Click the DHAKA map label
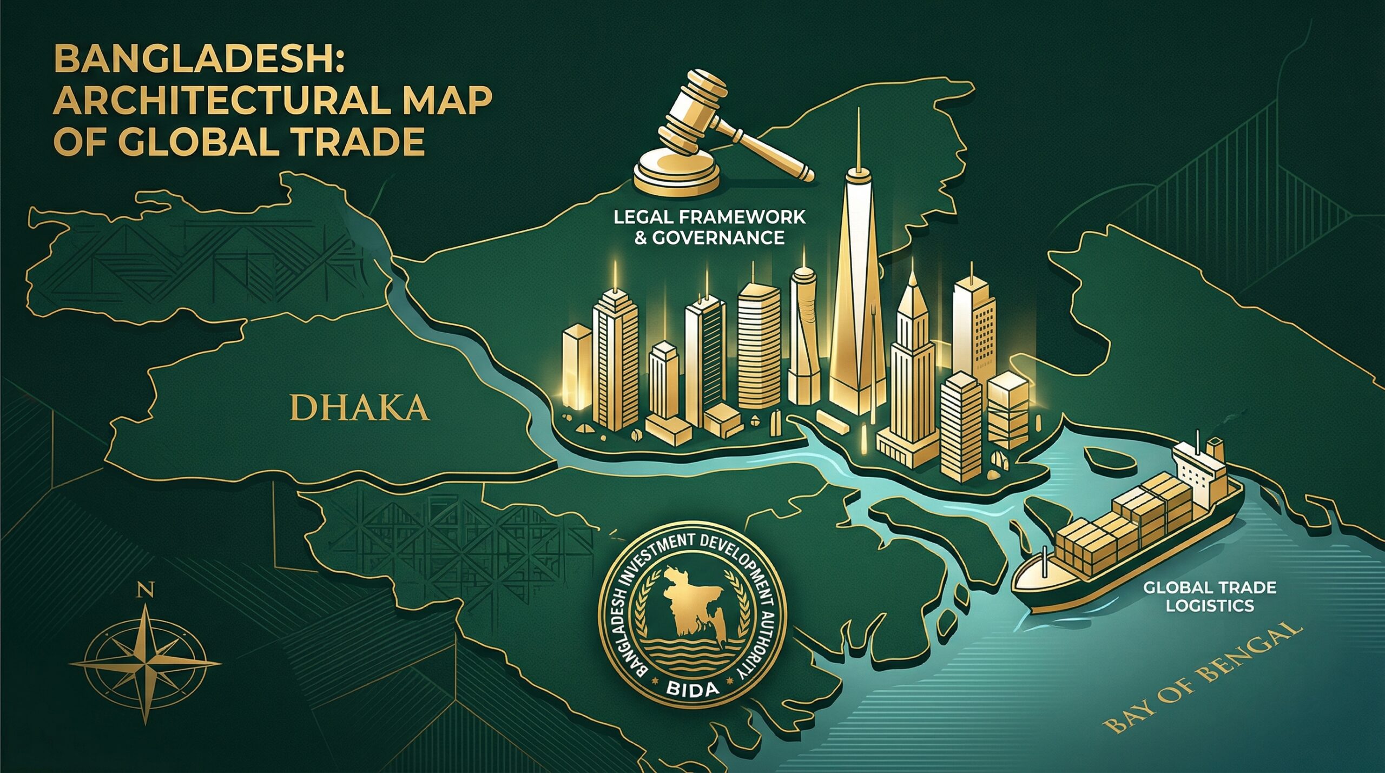point(360,408)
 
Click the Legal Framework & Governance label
point(709,227)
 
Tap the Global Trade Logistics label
point(1210,596)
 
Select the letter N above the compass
point(145,590)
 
